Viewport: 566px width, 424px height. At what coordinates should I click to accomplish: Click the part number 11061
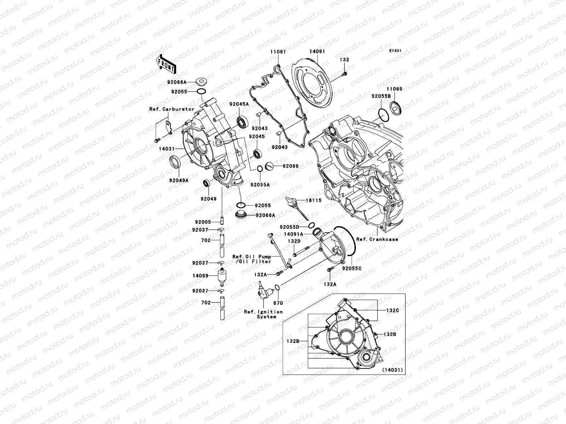278,52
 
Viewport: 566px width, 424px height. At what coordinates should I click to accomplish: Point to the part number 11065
394,89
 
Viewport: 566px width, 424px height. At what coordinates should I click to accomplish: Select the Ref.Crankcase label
377,239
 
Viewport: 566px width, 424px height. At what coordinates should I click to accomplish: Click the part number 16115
314,200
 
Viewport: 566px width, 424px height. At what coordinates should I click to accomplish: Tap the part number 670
278,303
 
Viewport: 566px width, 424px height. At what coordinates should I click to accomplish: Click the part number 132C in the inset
392,311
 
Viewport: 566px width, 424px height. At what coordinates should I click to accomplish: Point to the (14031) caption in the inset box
392,370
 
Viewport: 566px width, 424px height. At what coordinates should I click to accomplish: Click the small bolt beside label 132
345,73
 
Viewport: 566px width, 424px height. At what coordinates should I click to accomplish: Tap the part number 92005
203,222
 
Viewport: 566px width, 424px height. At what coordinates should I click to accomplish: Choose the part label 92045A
239,104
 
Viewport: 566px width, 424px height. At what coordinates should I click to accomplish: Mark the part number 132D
294,241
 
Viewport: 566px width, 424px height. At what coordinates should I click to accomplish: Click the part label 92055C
352,269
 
